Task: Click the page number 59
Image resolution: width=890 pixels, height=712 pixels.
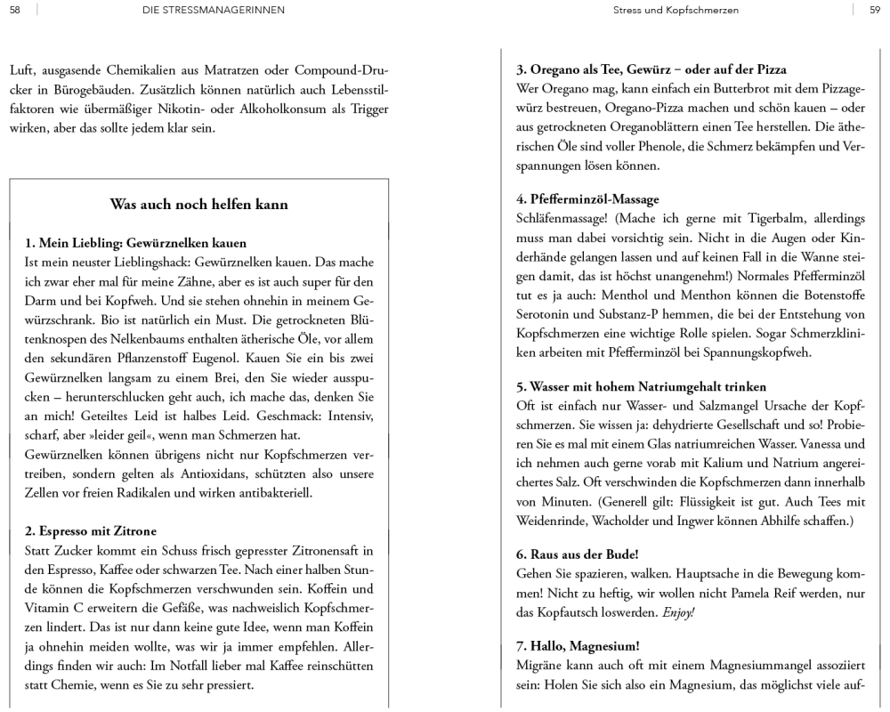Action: coord(874,10)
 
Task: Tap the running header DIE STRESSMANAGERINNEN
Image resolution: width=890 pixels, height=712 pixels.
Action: coord(201,10)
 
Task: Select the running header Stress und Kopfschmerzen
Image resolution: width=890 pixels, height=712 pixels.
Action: coord(676,10)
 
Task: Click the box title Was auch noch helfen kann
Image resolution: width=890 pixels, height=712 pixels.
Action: coord(198,204)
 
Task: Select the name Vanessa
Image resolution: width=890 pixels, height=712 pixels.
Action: coord(817,443)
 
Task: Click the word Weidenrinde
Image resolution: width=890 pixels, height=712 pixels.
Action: coord(554,522)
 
